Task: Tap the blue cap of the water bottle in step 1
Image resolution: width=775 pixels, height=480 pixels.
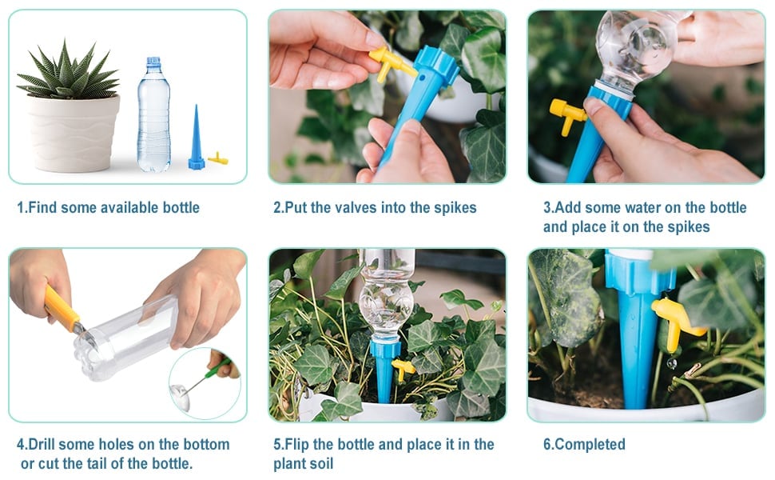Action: coord(154,62)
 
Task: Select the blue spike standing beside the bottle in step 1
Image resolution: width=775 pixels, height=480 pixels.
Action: coord(197,140)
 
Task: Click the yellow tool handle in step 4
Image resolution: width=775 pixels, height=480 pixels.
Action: coord(60,308)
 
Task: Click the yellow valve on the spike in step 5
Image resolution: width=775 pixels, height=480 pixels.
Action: coord(403,368)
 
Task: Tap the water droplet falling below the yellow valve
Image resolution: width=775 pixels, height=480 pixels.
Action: coord(672,364)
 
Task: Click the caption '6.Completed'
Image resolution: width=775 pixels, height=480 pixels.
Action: coord(584,444)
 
